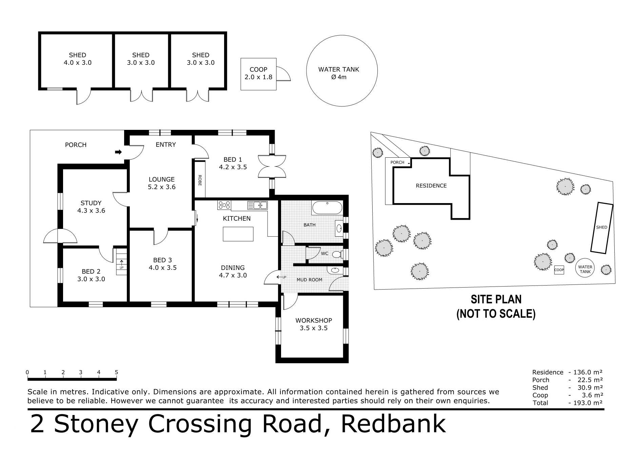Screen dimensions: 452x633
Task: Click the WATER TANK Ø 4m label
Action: point(338,73)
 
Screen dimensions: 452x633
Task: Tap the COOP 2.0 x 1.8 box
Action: point(258,74)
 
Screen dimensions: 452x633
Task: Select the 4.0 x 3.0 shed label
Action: point(78,59)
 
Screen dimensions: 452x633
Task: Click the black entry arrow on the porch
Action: point(118,152)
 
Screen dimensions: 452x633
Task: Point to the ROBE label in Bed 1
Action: point(200,180)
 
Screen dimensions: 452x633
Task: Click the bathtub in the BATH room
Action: point(327,208)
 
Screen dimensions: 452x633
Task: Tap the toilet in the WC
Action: point(337,254)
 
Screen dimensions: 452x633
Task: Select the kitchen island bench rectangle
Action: point(238,234)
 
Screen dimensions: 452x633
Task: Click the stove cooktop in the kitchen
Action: point(224,205)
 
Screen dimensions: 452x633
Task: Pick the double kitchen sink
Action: point(258,205)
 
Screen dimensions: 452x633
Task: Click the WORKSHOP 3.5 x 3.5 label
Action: point(314,324)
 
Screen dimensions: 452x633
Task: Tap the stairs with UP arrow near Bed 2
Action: point(121,261)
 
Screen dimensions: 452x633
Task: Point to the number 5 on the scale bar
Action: point(116,372)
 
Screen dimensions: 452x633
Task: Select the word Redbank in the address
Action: point(393,424)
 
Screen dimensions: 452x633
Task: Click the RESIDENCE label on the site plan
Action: point(431,186)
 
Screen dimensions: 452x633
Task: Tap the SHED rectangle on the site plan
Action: point(601,228)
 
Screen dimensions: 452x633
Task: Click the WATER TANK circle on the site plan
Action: point(585,269)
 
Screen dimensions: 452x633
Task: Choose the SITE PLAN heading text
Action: point(496,299)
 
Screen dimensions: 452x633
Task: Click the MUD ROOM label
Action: point(309,280)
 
